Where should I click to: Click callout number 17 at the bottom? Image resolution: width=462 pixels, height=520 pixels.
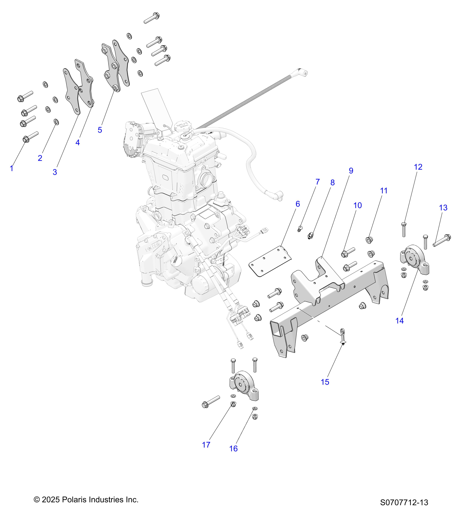tap(206, 445)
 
